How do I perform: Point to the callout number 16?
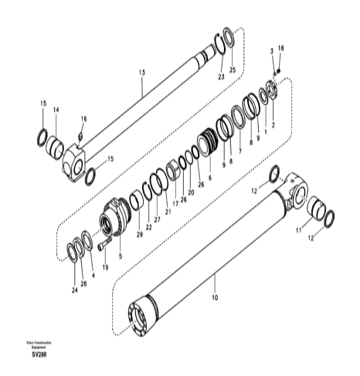[x=84, y=120]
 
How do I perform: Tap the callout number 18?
[x=281, y=49]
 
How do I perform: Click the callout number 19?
[x=104, y=266]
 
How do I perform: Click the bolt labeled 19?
[x=100, y=248]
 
